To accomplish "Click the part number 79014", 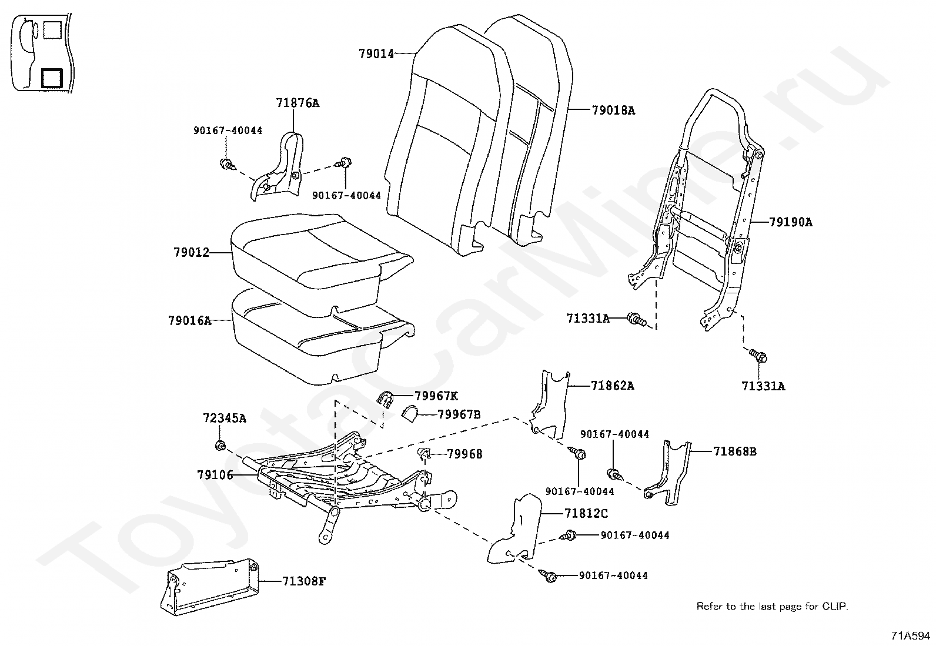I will click(376, 54).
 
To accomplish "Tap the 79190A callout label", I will click(791, 222).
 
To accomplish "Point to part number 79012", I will click(191, 253).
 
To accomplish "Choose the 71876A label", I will click(297, 103).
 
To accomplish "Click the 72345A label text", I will click(225, 419).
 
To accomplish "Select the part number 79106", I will click(215, 474).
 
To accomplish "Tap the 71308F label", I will click(303, 581).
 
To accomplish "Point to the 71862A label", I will click(613, 386).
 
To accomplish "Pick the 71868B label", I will click(735, 451).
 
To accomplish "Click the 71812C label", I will click(586, 513).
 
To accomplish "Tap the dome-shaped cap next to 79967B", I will click(409, 415).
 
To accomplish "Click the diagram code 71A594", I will click(911, 635).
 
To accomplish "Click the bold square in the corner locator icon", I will click(51, 77).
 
